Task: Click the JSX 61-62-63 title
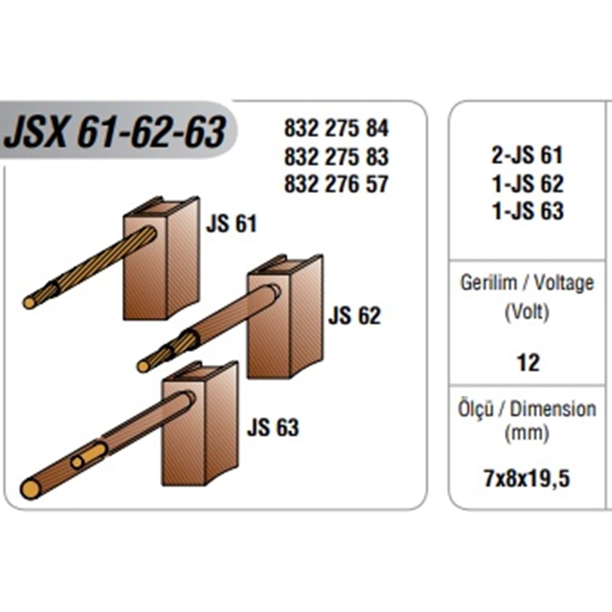[x=115, y=131]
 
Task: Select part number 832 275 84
[x=337, y=128]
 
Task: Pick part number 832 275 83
[x=337, y=157]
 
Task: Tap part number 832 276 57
[x=337, y=184]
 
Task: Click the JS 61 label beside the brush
[x=231, y=224]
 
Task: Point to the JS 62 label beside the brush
[x=354, y=315]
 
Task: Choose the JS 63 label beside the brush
[x=273, y=428]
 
